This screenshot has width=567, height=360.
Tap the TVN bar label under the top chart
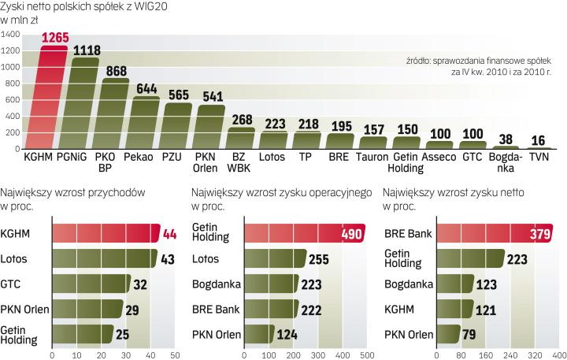coord(539,158)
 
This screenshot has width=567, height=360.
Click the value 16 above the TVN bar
coord(539,140)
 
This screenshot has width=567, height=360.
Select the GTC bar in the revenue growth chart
coord(91,284)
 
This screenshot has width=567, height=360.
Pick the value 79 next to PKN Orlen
coord(471,335)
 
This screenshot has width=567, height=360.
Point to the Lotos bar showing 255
coord(276,259)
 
